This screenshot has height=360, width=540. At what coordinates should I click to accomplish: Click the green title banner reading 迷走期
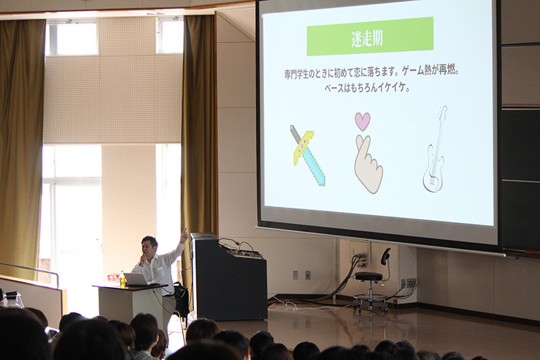pos(370,36)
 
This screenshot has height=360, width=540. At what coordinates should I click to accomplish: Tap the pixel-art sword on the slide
pos(308,155)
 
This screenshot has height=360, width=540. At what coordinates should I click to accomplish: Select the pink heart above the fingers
pos(362,122)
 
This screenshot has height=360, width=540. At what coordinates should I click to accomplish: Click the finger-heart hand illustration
pos(368,164)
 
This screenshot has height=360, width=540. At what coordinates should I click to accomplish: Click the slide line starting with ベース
pos(367,88)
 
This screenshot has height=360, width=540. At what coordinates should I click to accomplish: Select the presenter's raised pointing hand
pos(184,235)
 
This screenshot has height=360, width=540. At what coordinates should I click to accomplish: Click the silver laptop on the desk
pos(136,279)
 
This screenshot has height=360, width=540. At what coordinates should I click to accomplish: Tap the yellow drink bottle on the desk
pos(122,279)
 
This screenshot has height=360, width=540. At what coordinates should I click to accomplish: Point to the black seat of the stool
pos(369,276)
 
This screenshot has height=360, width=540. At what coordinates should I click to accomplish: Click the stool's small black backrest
pos(385,257)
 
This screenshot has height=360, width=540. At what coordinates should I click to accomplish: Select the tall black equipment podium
pos(228,277)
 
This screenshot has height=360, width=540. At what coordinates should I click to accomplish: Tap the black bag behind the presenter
pos(182,299)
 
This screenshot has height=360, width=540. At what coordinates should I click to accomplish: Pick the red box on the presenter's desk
pos(113,278)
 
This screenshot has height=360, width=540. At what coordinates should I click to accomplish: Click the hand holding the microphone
pos(142,259)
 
